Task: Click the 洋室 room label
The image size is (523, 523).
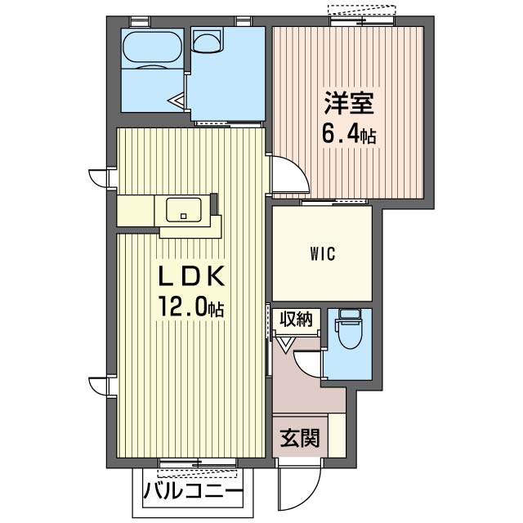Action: [349, 103]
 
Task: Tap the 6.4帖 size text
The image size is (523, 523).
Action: [349, 134]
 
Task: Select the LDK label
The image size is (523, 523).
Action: [191, 276]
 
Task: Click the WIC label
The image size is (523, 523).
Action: [323, 254]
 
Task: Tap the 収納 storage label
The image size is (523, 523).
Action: [296, 320]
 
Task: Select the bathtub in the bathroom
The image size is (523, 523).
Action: [153, 47]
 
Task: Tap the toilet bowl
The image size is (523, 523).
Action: [350, 333]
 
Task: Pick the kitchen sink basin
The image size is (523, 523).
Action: [184, 210]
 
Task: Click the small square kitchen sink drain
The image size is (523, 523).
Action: [183, 216]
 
